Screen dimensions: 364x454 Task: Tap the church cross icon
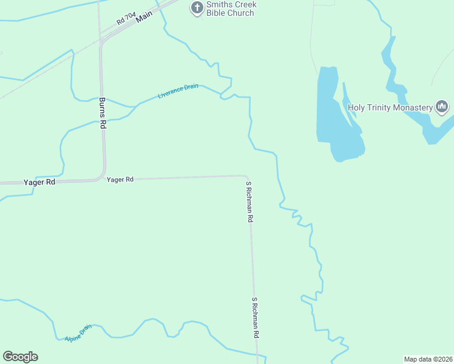click(197, 8)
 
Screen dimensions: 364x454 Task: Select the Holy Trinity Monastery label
click(390, 108)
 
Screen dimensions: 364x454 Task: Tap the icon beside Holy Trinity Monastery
click(442, 107)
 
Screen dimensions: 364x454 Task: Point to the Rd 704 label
click(126, 21)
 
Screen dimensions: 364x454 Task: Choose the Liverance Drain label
click(178, 91)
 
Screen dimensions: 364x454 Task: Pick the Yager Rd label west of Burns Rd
click(39, 182)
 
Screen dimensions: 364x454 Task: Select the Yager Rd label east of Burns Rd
click(120, 180)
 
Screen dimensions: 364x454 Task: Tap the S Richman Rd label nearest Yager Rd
click(249, 201)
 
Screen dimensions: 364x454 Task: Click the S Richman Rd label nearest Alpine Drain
click(256, 317)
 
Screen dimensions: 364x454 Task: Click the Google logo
click(20, 357)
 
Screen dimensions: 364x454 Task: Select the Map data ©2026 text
click(428, 359)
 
